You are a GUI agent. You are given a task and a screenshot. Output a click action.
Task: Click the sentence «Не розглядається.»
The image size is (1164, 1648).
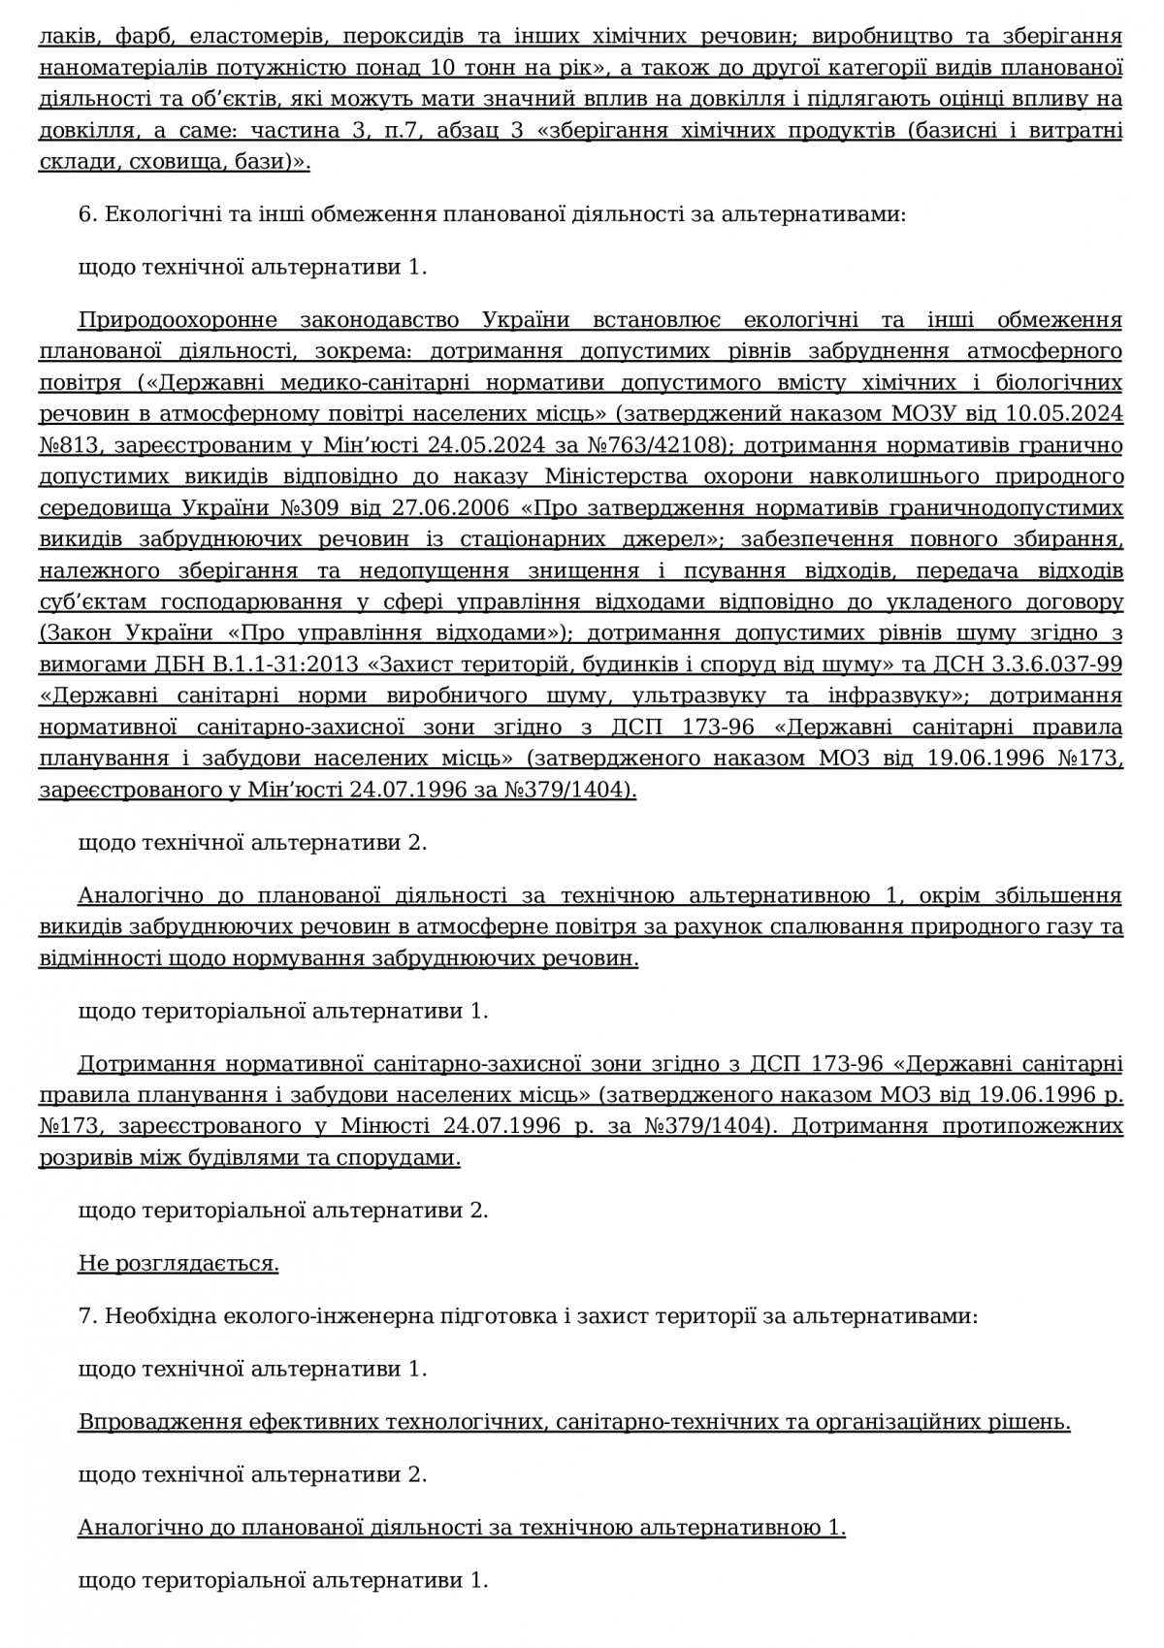178,1263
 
